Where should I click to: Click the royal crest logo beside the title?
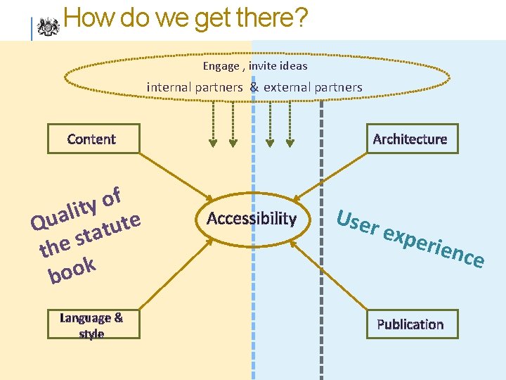[x=48, y=26]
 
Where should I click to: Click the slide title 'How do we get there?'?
[x=185, y=18]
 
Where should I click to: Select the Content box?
[x=91, y=139]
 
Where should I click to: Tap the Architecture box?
[x=410, y=139]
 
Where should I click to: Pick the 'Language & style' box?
[x=91, y=325]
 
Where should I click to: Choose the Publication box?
[x=410, y=324]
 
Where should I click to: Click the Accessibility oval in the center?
[x=252, y=218]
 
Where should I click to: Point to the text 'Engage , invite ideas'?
[x=255, y=65]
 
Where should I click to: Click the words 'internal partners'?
[x=195, y=87]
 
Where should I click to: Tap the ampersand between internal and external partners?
[x=254, y=87]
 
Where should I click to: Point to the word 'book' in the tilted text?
[x=71, y=271]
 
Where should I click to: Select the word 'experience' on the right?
[x=435, y=247]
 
